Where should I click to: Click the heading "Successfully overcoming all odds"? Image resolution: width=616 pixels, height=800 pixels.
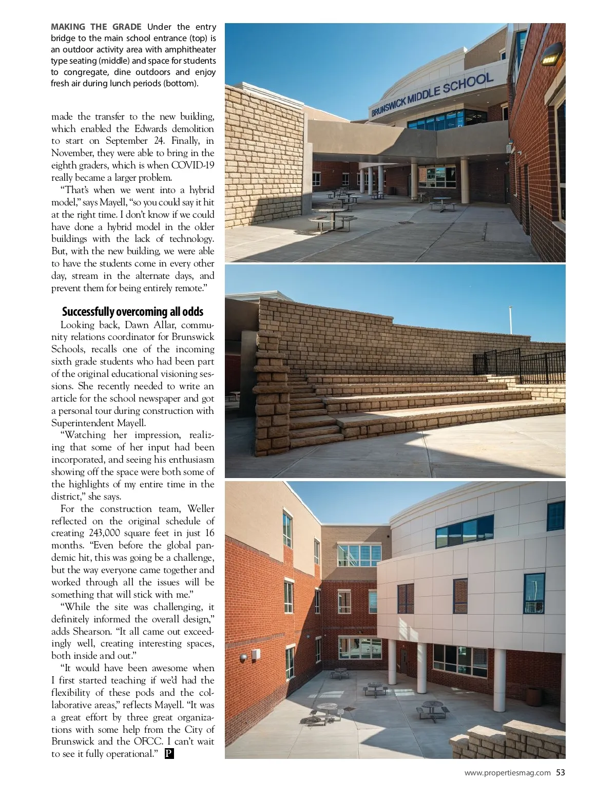[132, 312]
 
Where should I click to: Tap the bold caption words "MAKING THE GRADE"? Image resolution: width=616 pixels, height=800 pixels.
[96, 27]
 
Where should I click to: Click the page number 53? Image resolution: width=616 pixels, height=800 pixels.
[561, 772]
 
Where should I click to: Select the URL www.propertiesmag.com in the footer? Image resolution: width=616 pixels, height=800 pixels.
[507, 773]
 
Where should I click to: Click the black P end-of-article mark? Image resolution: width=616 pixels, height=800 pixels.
[169, 754]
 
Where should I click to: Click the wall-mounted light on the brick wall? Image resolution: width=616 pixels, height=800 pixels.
[551, 54]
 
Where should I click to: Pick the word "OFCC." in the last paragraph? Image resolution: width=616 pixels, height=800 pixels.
[150, 741]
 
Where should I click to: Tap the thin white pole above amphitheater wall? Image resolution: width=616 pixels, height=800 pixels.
[510, 319]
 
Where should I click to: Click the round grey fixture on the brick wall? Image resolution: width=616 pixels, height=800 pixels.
[243, 657]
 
